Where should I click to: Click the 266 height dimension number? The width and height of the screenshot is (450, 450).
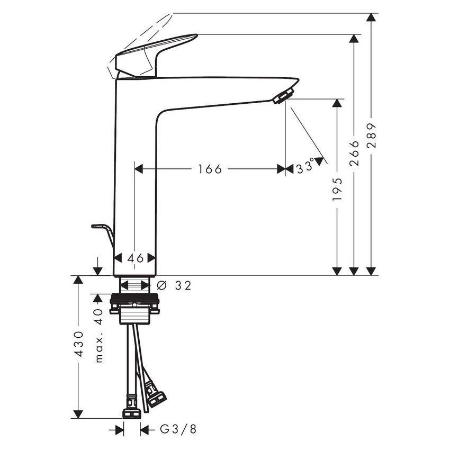354,153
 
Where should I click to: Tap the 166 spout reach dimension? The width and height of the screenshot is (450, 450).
210,169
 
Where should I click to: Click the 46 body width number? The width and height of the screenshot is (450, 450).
136,258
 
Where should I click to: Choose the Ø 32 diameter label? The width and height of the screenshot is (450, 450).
175,285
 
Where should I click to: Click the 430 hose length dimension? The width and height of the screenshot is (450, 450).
78,344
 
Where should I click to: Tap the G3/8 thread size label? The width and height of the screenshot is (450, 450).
178,429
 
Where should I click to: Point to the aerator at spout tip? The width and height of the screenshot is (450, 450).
283,96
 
